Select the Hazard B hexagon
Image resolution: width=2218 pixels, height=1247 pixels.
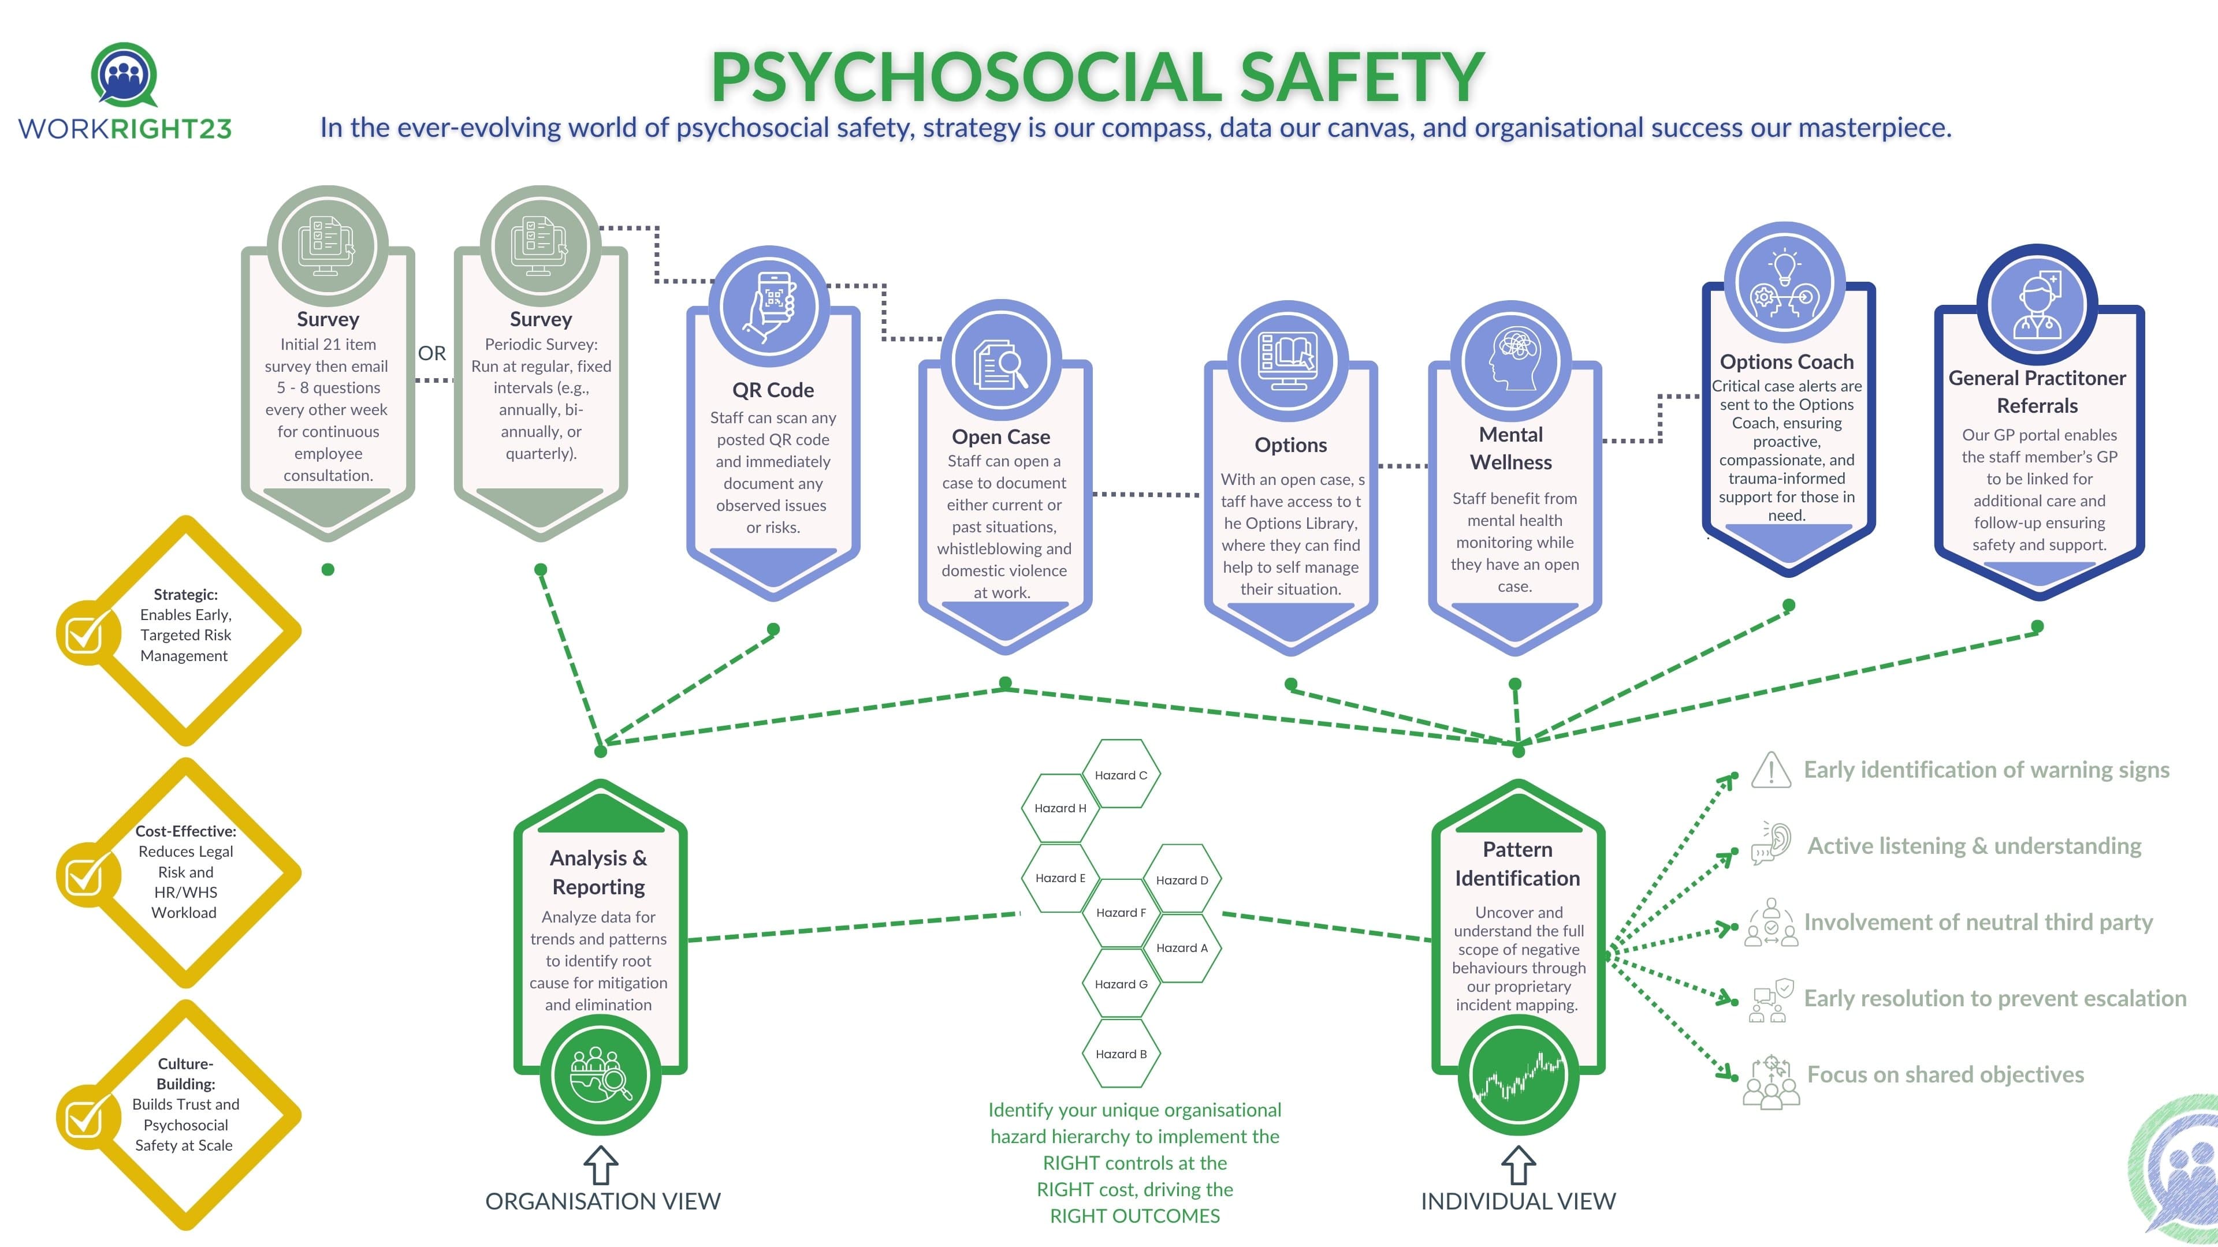point(1120,1054)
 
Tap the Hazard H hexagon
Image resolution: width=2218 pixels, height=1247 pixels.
point(1060,808)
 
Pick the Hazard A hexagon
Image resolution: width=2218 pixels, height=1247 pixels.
point(1181,947)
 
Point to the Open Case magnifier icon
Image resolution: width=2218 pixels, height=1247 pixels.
point(1000,364)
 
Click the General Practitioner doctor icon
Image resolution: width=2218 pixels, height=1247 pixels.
point(2037,305)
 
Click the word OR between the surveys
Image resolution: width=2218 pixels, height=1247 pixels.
point(432,354)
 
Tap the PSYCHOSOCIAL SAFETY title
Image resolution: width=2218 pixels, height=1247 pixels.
point(1097,77)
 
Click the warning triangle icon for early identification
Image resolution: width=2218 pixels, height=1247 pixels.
point(1770,770)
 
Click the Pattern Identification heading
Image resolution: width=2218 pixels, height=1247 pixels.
point(1517,863)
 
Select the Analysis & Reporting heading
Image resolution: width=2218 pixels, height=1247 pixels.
point(598,872)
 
